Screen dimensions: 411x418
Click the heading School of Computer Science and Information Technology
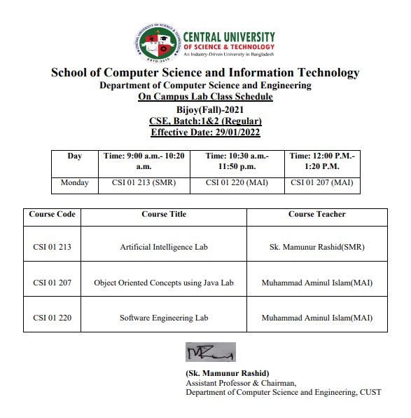[205, 73]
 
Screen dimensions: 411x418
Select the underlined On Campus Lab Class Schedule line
[205, 96]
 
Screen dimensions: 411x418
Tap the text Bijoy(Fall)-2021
[205, 109]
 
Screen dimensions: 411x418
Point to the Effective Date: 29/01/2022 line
[205, 132]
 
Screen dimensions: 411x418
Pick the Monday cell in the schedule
[74, 183]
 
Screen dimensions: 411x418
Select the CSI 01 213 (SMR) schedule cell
[144, 183]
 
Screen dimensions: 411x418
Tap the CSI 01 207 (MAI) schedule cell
[321, 183]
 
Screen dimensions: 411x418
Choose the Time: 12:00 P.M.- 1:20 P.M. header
[321, 162]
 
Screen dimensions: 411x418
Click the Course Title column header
[164, 215]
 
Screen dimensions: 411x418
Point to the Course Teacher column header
[316, 215]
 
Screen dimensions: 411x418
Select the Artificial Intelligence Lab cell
[164, 248]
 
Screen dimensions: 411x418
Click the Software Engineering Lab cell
[164, 318]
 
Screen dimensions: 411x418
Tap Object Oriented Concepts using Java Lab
[164, 283]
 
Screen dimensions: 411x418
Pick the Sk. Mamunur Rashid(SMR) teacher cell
[316, 248]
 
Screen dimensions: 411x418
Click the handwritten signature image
[209, 352]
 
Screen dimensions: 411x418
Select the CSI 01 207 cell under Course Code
[52, 283]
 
